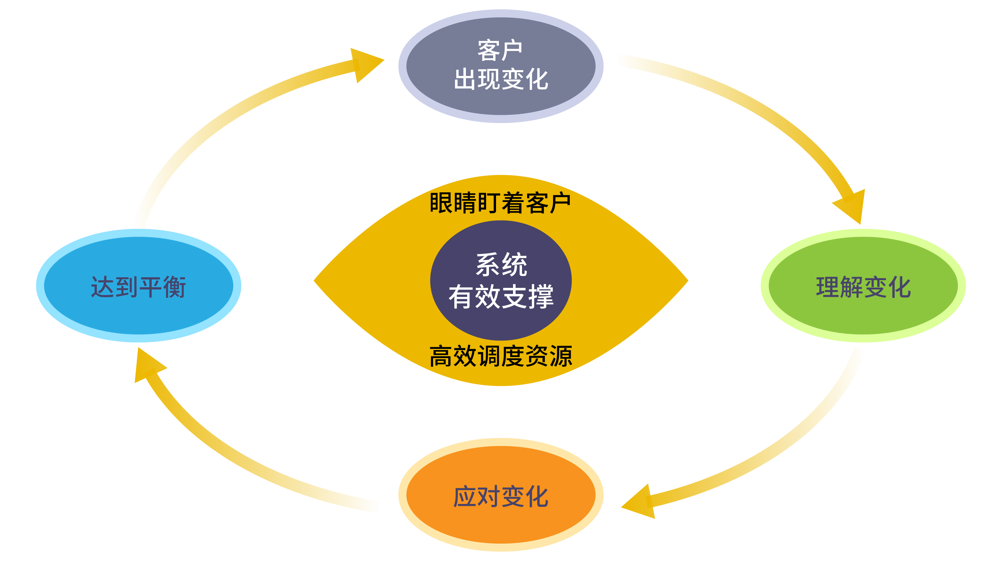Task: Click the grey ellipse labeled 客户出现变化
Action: pyautogui.click(x=501, y=66)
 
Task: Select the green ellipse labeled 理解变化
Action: pyautogui.click(x=863, y=285)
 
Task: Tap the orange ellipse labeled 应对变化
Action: pyautogui.click(x=501, y=495)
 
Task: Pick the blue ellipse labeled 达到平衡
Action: pyautogui.click(x=139, y=285)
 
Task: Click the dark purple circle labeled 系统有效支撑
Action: pyautogui.click(x=501, y=280)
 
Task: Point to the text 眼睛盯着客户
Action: pyautogui.click(x=500, y=203)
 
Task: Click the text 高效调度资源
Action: pyautogui.click(x=501, y=356)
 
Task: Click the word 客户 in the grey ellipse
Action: pyautogui.click(x=500, y=51)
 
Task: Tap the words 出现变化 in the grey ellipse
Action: pyautogui.click(x=501, y=79)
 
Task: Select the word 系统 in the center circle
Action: pyautogui.click(x=501, y=265)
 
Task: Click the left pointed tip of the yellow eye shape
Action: pyautogui.click(x=314, y=280)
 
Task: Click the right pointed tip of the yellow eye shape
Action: pyautogui.click(x=688, y=280)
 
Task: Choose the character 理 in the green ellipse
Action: pyautogui.click(x=827, y=287)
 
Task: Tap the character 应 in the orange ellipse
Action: pyautogui.click(x=465, y=497)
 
